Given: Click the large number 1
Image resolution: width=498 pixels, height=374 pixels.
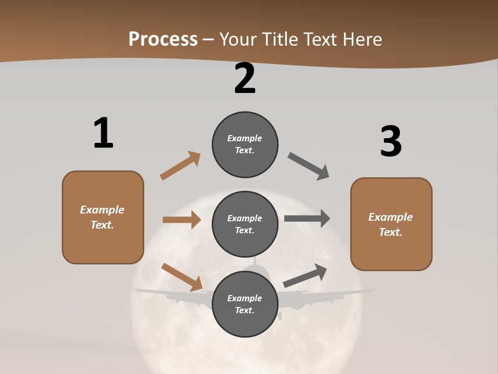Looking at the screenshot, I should pos(103,133).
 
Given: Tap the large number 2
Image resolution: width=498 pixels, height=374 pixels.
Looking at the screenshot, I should pos(245,79).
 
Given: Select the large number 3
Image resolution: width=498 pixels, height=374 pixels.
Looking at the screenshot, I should pos(391,142).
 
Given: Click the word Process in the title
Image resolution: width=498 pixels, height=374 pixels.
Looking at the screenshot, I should pos(163,39).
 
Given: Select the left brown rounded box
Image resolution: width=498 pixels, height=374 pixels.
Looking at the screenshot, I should pos(103,217).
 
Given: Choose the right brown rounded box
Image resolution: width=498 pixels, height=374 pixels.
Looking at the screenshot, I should pos(391,224).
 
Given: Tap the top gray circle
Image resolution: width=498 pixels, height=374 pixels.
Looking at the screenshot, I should pos(245,144).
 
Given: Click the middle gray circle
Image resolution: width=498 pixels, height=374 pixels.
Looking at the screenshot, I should pos(245,224).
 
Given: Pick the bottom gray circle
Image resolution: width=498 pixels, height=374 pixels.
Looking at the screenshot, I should pos(245,304).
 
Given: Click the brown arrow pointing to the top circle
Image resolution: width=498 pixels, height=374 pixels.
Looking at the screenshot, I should pos(180,166).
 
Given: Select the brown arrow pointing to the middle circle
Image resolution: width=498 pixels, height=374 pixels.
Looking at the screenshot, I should pos(182,220).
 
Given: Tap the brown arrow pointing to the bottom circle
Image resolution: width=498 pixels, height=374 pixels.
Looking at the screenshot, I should pos(182,277).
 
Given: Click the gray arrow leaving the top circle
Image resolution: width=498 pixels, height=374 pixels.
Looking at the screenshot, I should pos(308,166).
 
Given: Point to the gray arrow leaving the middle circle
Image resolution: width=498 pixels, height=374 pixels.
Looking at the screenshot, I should pos(307,219).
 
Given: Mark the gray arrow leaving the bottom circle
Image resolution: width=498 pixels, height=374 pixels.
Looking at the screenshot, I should pos(305,275).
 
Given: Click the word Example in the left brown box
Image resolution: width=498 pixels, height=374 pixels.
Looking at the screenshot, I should pos(102,210).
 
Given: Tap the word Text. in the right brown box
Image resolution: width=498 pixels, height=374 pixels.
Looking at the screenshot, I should pos(391,232).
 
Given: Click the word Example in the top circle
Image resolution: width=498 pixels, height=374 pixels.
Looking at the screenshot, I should pos(245,138).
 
